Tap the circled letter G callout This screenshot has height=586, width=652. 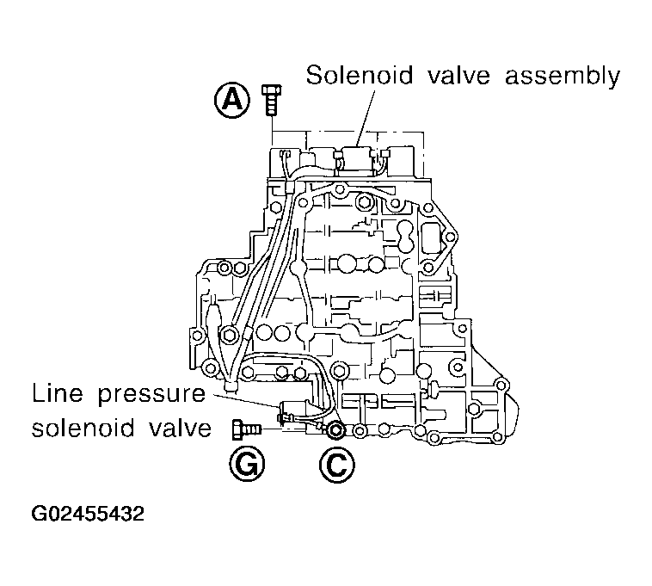coord(247,466)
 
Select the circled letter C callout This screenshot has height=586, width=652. coord(336,466)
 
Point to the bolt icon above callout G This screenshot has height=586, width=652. coord(247,426)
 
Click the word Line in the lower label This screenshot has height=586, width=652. coord(53,395)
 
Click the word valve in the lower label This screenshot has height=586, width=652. coord(181,428)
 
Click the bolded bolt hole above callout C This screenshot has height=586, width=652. coord(335,429)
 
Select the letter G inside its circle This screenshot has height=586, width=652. coord(247,466)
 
